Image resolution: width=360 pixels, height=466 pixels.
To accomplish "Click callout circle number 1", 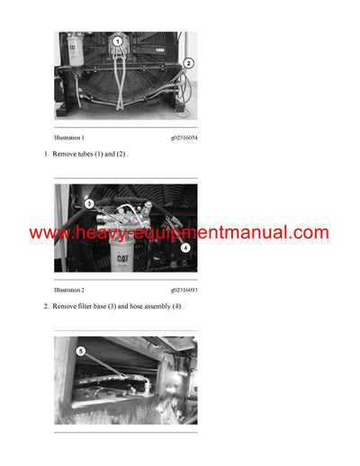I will point(116,42).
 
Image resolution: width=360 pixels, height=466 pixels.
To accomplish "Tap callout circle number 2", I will point(188,64).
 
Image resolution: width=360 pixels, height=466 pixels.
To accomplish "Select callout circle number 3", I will point(89,203).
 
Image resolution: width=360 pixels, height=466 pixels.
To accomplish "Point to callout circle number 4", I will point(184,246).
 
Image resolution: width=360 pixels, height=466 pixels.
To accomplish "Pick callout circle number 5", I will point(81,351).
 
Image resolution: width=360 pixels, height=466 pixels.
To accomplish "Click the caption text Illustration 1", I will point(69,138).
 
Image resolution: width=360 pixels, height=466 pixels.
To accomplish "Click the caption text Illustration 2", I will point(69,291).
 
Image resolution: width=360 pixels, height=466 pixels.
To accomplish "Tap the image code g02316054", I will point(184,138).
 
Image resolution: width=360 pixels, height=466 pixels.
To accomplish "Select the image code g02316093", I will point(184,291).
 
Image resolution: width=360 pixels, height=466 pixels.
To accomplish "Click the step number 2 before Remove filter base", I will point(46,307).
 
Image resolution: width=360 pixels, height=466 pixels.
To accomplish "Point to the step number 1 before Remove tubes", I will point(46,155).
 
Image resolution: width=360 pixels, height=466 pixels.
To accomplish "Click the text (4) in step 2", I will point(177,307).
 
